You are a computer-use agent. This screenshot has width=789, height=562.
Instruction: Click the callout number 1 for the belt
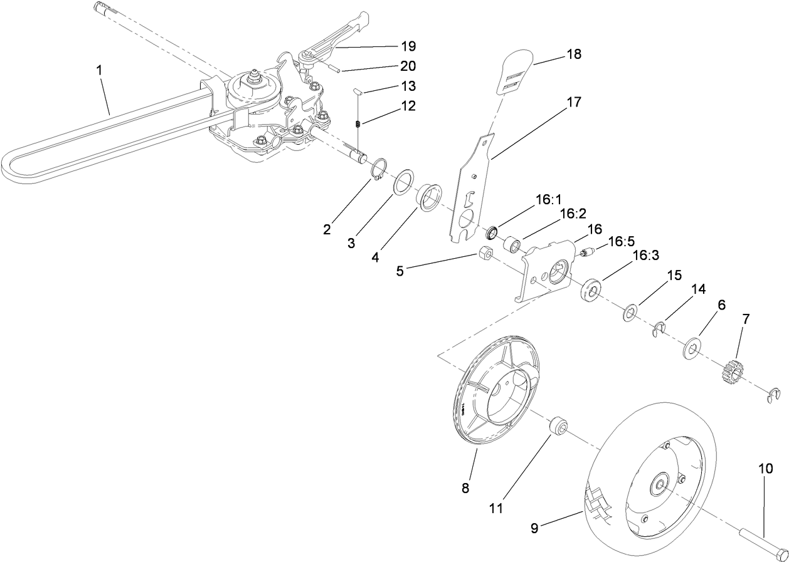(99, 70)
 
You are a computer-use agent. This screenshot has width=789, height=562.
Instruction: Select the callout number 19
(408, 46)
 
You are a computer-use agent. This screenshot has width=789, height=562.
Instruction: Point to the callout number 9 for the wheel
(534, 528)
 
